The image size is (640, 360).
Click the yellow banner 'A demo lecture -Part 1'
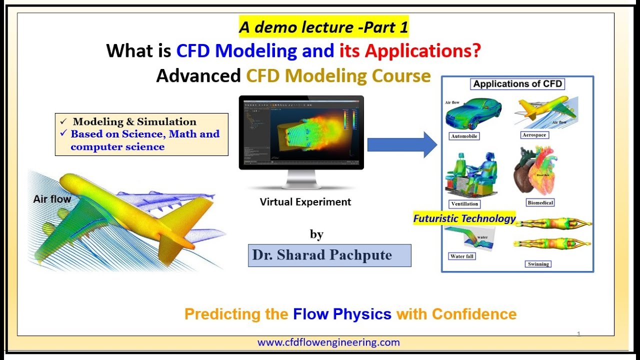(x=323, y=27)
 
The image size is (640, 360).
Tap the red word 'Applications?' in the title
(x=422, y=50)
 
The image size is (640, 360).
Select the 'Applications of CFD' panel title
(x=517, y=84)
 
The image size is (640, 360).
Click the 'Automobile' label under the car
(x=464, y=136)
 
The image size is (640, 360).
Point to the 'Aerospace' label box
(x=534, y=135)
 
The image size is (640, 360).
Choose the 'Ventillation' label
(x=464, y=203)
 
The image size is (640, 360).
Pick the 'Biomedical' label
(x=540, y=202)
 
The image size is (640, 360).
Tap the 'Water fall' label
(x=462, y=256)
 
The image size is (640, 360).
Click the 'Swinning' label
(x=538, y=264)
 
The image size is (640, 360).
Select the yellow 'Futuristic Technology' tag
(x=464, y=218)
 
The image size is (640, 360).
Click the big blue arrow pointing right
(x=402, y=144)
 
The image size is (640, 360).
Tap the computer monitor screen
(x=301, y=132)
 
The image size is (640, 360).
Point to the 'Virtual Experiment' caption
(x=305, y=202)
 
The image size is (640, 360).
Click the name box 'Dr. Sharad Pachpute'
(x=329, y=255)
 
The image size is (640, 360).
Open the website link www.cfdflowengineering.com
(x=328, y=342)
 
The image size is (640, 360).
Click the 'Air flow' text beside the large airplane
(x=52, y=199)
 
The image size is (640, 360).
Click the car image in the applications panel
(x=472, y=116)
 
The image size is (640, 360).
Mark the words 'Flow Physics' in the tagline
(x=342, y=314)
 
